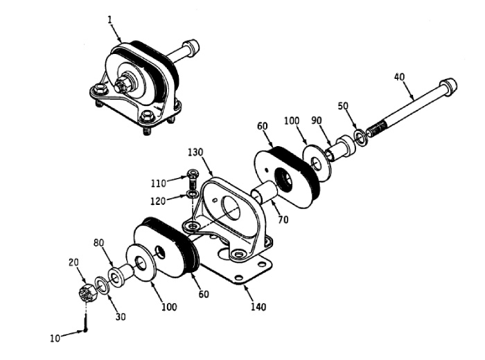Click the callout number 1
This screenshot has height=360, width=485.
[x=109, y=19]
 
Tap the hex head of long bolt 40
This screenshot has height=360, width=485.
[x=449, y=87]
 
